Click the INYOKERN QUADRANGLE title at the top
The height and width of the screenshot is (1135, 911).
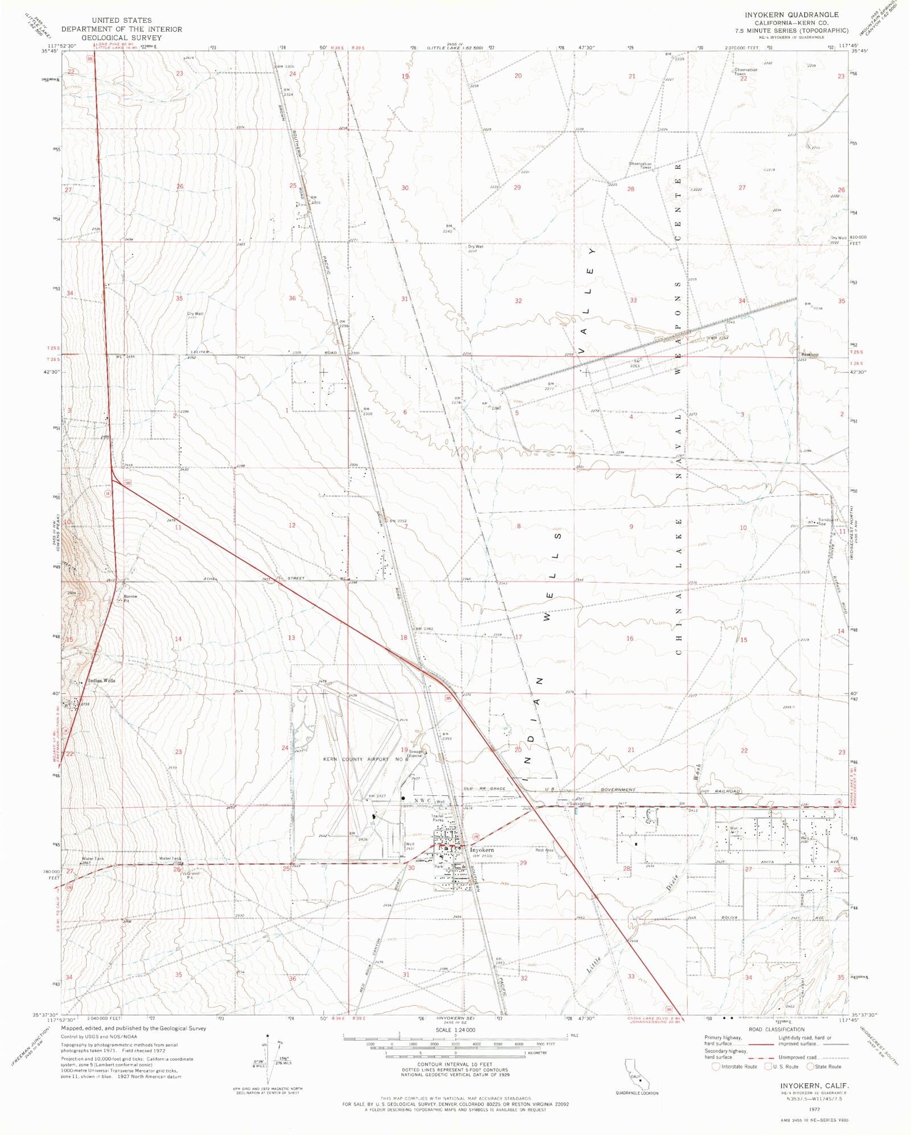(795, 15)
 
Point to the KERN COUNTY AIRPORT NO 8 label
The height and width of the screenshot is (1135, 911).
(364, 759)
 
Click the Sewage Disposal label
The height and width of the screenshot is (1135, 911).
(415, 753)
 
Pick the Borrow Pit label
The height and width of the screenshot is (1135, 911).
(130, 599)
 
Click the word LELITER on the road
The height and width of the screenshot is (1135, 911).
(200, 352)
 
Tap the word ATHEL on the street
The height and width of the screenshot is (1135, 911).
(210, 579)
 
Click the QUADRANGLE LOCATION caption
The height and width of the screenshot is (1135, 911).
(637, 1093)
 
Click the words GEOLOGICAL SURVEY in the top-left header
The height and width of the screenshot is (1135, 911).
(122, 38)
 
